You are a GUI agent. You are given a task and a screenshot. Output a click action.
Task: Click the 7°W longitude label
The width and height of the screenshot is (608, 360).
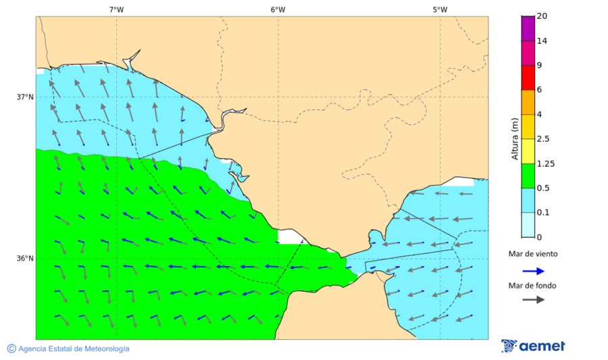point(116,9)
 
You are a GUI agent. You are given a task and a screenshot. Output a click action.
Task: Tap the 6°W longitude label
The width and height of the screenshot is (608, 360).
point(278,9)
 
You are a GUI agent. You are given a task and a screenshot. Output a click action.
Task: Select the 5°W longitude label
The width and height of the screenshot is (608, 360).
point(440,9)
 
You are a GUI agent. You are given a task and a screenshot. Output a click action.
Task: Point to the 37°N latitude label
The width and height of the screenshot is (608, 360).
point(25,97)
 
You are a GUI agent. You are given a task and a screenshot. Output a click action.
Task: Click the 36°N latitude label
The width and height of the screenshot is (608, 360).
point(25,258)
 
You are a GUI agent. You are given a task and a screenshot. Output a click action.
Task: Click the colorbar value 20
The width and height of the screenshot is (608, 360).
point(542,16)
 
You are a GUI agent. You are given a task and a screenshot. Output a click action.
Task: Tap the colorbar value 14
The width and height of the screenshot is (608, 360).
point(542,41)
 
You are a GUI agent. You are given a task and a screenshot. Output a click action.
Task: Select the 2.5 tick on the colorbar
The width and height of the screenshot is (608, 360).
point(542,139)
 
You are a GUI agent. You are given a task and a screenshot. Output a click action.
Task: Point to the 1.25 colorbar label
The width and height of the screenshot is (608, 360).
point(544,163)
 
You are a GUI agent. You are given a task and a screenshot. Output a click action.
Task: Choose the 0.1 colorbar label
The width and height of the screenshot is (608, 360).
point(542,212)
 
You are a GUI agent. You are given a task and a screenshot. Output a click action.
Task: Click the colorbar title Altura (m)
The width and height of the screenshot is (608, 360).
point(515,139)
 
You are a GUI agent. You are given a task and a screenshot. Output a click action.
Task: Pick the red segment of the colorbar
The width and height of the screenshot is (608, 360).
point(528,77)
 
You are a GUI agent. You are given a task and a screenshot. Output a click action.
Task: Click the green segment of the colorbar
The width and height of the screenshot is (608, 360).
point(528,175)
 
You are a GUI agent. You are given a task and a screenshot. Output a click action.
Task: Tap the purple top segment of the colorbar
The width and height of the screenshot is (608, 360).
point(528,28)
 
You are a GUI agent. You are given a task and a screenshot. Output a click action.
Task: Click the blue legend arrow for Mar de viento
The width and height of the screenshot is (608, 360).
point(533,271)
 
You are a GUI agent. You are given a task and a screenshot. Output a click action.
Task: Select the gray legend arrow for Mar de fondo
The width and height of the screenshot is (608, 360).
point(533,299)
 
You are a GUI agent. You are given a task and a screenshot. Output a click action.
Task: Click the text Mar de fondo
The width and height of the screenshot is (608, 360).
point(533,286)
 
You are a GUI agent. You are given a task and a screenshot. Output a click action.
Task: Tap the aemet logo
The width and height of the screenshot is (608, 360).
point(534,346)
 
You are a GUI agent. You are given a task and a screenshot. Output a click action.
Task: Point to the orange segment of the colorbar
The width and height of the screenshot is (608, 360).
point(528,101)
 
